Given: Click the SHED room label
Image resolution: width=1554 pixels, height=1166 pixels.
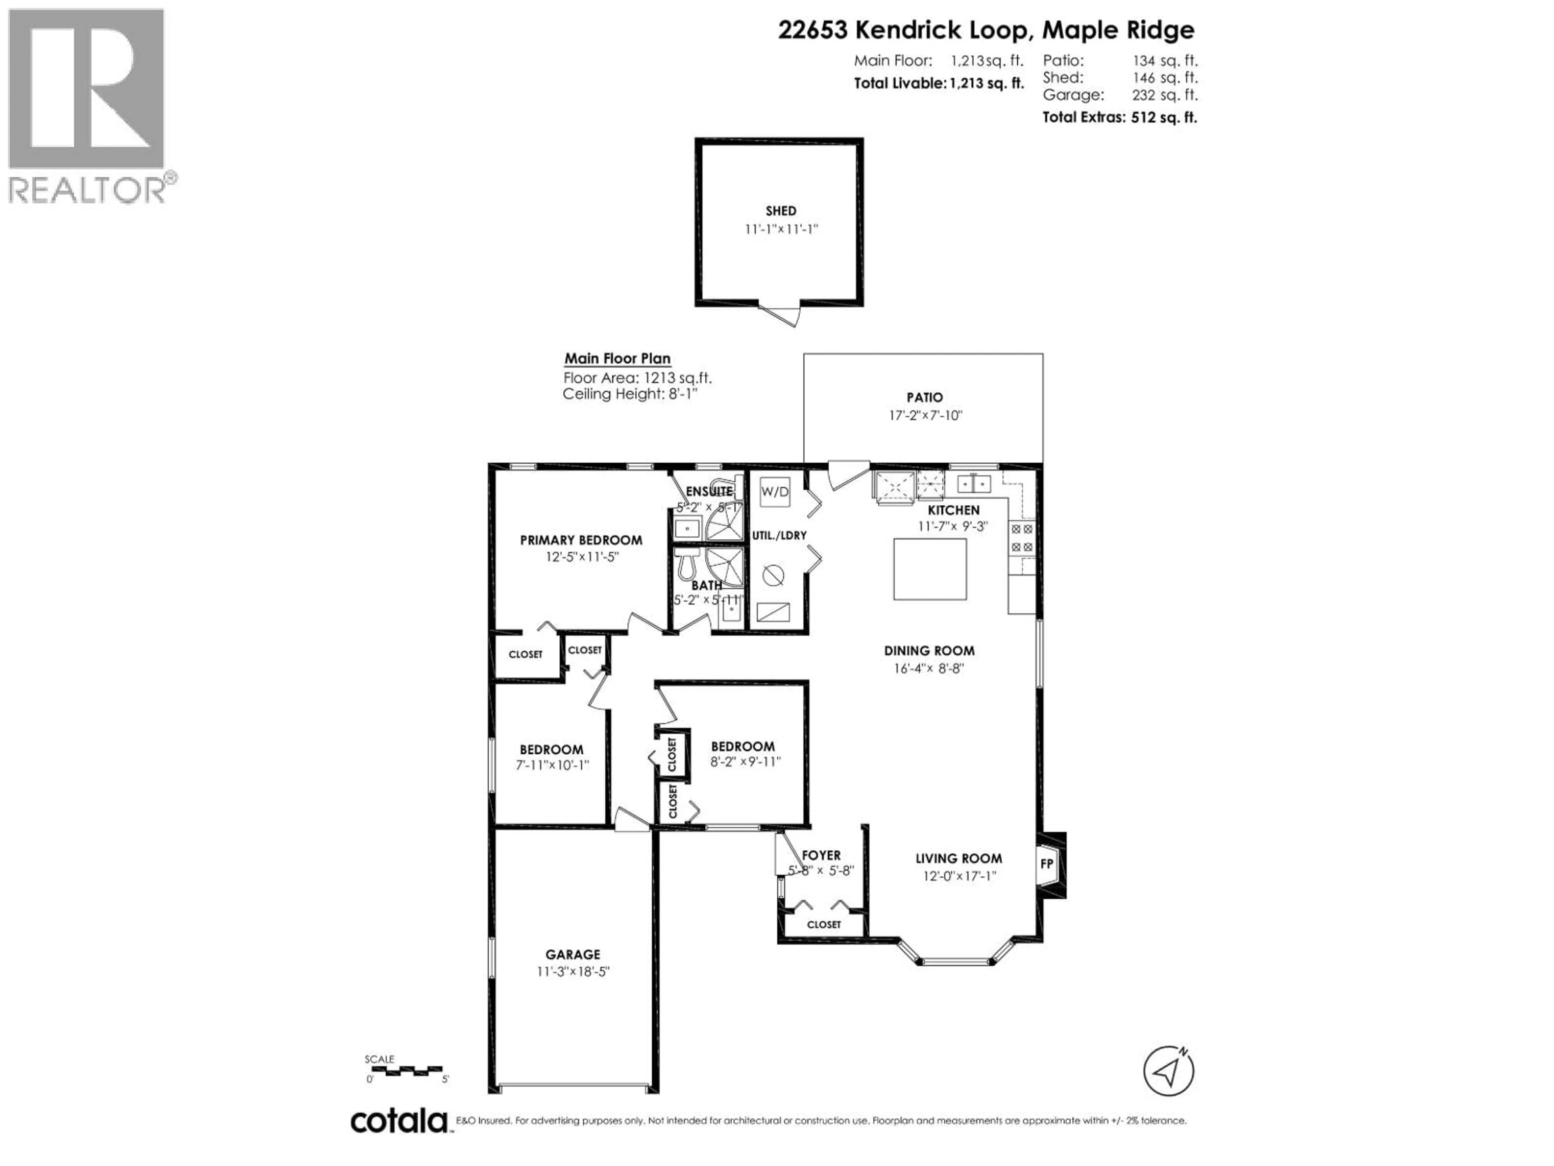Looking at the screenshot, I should [x=781, y=211].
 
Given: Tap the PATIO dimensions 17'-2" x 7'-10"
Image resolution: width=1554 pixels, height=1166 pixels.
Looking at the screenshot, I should [x=925, y=415].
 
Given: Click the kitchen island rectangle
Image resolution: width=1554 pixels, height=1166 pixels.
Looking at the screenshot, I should [x=930, y=569].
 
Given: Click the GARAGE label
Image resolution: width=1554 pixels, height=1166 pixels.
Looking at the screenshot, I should [x=573, y=954].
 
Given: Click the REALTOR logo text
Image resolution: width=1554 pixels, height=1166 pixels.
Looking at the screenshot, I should [x=88, y=190].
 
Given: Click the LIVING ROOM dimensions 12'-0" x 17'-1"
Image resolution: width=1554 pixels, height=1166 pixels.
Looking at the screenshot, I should [x=959, y=876].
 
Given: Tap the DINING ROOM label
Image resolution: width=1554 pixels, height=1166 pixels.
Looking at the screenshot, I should [x=929, y=651].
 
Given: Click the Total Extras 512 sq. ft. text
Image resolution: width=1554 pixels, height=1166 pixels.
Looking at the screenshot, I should [x=1119, y=117].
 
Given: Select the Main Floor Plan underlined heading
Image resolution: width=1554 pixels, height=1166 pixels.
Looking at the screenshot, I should [x=618, y=358].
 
